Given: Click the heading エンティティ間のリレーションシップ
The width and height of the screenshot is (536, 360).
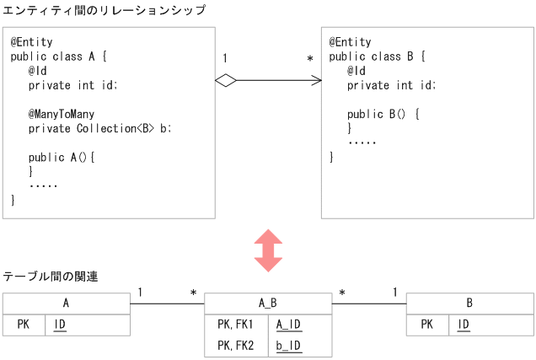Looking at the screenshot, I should coord(104,9).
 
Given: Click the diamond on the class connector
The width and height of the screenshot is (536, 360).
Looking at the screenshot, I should coord(225,80).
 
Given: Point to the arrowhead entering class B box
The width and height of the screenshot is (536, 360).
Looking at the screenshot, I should coord(317,80).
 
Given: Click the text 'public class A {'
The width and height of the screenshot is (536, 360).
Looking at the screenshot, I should coord(59,56).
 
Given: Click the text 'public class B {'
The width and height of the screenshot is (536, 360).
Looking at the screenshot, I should coord(377,56).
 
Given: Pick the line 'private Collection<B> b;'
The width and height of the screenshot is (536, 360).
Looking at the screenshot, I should coord(99,128).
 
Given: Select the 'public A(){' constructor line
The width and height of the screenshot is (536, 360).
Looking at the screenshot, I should coord(62,157).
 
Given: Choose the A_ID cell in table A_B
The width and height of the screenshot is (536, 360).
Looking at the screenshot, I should coord(289,325).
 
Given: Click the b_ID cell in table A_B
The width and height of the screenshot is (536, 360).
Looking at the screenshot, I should coord(289,345).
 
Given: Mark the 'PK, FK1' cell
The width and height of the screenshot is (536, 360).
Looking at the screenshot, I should coord(235,325).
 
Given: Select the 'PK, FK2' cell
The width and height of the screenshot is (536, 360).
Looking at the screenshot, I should coord(235,345).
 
